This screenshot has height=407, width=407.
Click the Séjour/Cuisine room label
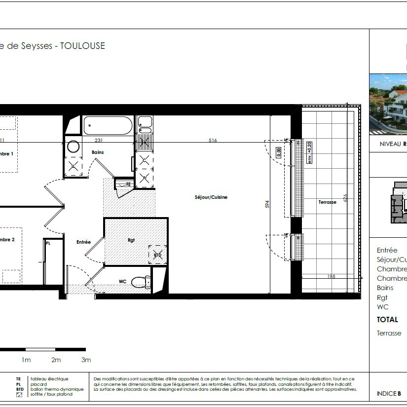211,197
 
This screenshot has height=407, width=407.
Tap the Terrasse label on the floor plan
327,202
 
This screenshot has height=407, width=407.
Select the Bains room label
98,152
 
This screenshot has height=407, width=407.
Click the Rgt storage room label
131,240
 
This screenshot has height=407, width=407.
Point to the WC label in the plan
123,282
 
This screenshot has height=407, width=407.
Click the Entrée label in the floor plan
83,242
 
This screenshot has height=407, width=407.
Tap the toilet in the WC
141,282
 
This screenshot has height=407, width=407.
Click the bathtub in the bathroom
108,125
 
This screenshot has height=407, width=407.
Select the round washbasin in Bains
74,147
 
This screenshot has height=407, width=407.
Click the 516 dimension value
213,141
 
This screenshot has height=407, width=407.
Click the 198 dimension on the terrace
332,277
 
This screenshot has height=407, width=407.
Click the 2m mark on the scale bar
56,360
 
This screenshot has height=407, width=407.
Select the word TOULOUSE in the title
82,46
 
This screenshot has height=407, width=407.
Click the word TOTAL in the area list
387,320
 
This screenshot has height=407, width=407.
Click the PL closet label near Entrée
48,243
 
